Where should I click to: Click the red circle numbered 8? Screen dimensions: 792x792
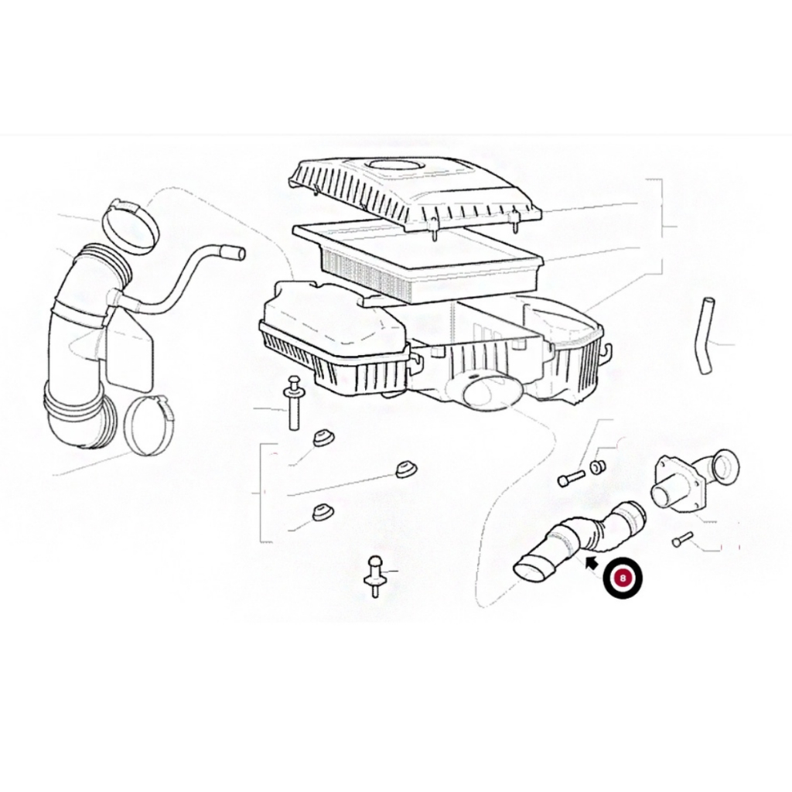[623, 578]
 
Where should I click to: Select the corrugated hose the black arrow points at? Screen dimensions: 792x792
[580, 541]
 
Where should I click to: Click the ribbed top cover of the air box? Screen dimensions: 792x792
[415, 194]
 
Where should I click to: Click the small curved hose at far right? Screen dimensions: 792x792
[705, 335]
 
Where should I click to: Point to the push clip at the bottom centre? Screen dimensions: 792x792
[374, 576]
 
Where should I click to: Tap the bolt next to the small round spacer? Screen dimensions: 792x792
[572, 478]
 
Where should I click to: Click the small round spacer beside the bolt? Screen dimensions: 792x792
[598, 466]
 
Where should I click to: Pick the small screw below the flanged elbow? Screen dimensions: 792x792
[683, 540]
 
